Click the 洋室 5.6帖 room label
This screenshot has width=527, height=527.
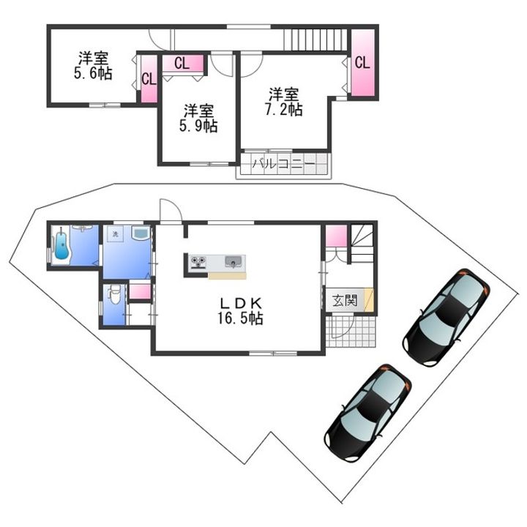93,66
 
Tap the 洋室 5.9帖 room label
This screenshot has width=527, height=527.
198,119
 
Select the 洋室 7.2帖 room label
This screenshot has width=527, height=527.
284,102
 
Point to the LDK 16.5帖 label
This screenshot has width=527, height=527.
240,311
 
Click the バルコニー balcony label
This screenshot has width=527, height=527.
284,165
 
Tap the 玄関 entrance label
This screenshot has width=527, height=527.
345,300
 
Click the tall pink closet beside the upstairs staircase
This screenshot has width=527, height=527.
362,62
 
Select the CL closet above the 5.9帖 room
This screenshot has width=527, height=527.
183,63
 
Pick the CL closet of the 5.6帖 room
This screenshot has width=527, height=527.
149,79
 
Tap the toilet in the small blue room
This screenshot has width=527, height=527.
114,295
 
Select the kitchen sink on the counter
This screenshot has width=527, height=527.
233,261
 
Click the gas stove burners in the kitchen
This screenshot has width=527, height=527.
198,262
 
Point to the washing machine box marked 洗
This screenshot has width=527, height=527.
116,234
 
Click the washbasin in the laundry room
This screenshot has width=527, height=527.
141,233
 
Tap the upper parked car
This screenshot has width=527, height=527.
446,317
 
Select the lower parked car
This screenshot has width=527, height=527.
367,412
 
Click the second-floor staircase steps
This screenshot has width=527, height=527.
315,40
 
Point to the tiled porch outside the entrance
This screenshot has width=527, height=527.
350,332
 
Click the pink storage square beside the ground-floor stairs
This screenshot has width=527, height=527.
336,236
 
